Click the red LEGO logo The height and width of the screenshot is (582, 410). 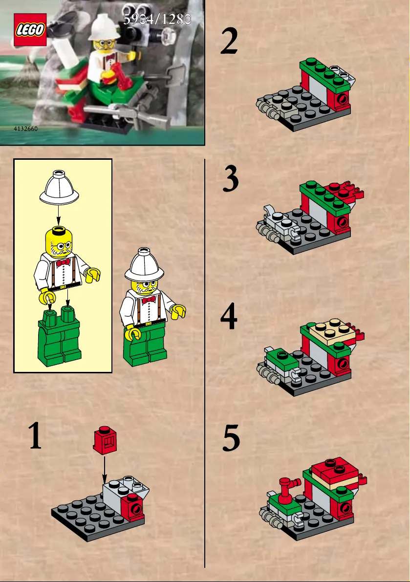coord(30,30)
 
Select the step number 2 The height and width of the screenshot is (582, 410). coord(229,41)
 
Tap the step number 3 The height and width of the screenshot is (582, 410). coord(231,179)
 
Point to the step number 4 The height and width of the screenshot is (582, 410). coord(229,316)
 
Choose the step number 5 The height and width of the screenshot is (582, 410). coord(231,438)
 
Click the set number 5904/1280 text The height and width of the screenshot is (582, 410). coord(157,19)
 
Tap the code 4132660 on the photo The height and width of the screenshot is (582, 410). coord(25,129)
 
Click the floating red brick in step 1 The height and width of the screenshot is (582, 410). coord(105,440)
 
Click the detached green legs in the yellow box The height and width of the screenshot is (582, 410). coord(59,337)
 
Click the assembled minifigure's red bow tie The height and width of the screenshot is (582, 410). coord(149,299)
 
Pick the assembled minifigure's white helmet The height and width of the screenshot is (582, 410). coord(144,265)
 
